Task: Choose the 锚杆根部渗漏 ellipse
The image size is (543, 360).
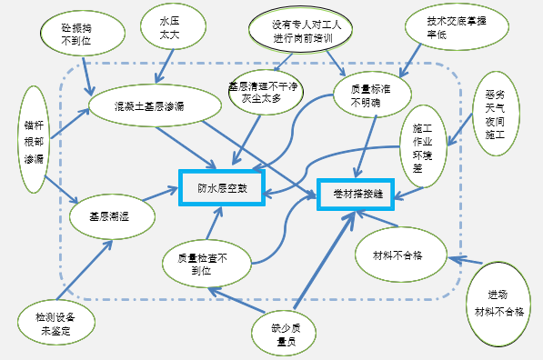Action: tap(35, 139)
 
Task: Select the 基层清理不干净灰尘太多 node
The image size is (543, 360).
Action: tap(264, 92)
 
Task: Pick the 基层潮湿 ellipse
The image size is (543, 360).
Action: tap(108, 217)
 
